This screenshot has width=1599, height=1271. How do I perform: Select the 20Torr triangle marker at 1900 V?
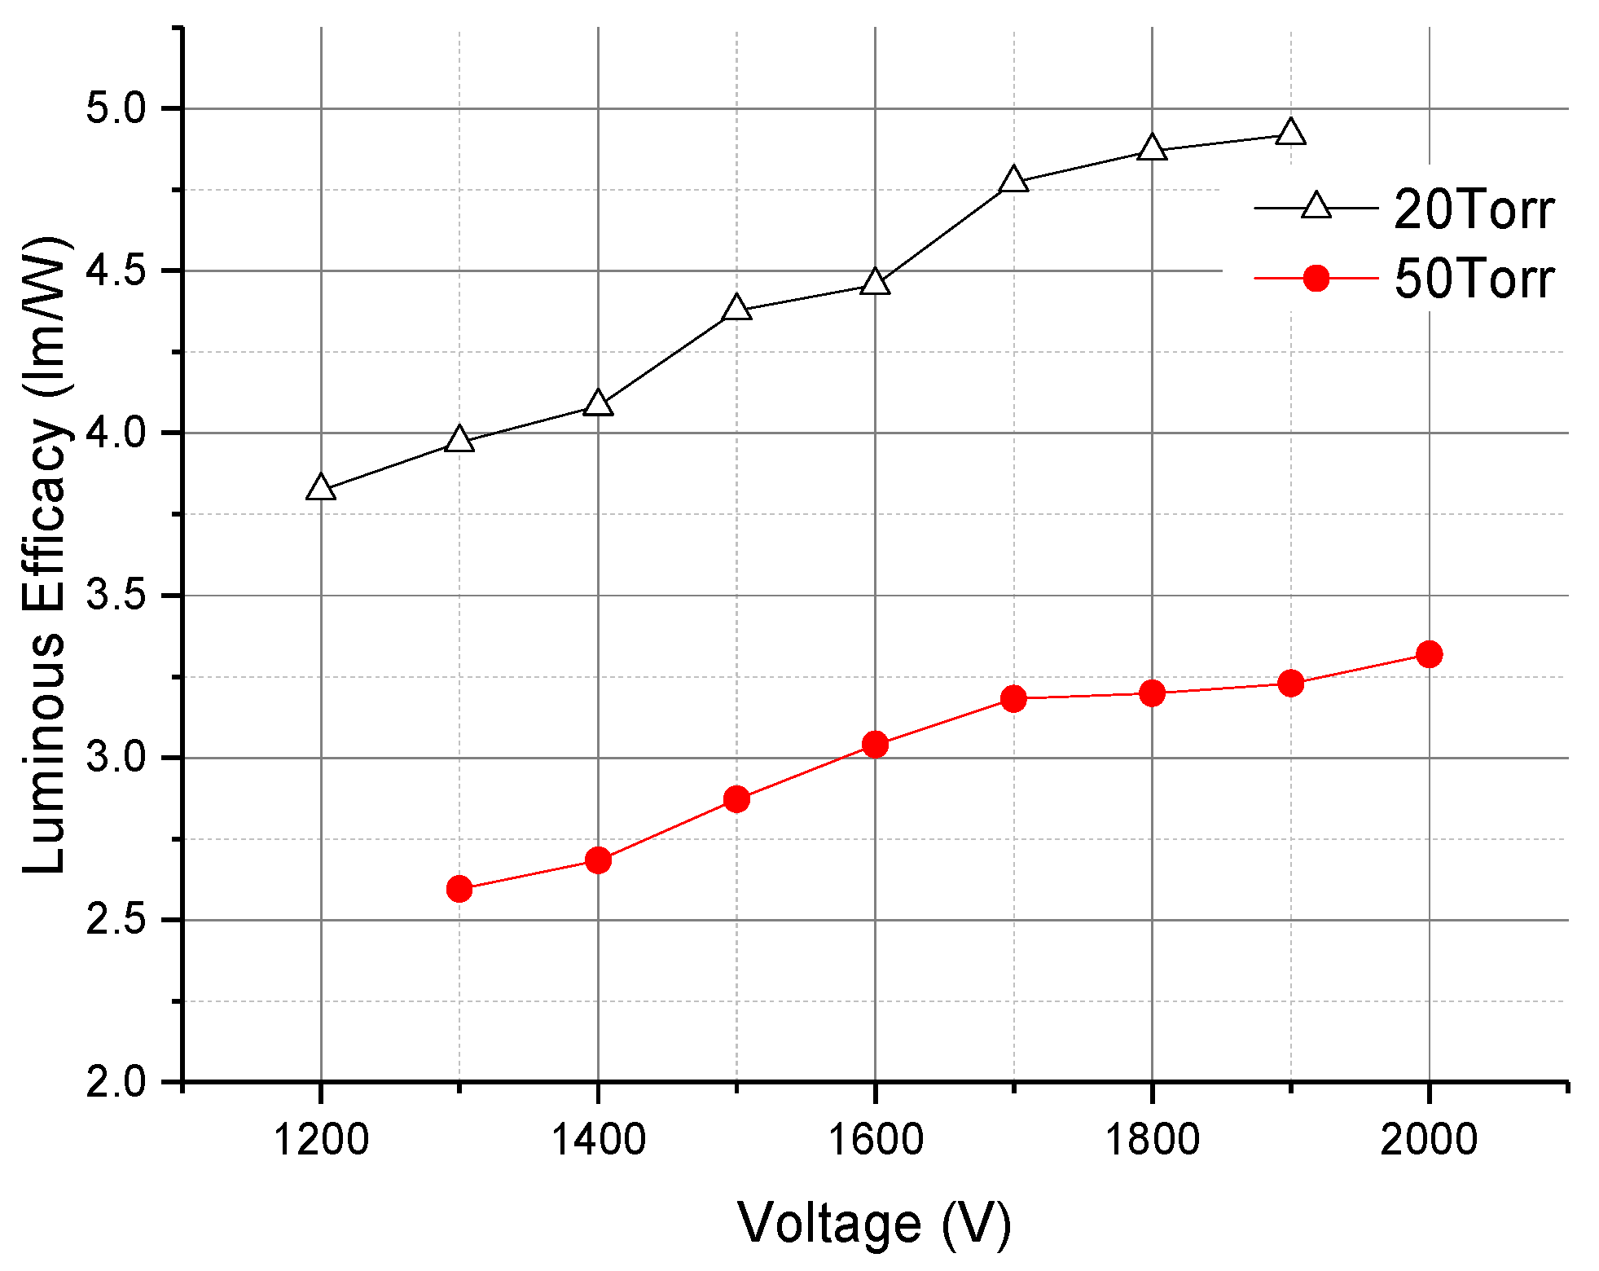coord(1290,133)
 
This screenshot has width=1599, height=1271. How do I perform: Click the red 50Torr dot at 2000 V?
coord(1429,654)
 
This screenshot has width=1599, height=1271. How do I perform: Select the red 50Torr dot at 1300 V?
coord(459,888)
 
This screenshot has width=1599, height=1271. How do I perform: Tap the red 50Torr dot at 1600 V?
coord(875,744)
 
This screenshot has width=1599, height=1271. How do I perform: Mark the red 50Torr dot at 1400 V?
coord(598,860)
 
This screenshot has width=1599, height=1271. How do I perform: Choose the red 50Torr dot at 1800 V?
coord(1152,693)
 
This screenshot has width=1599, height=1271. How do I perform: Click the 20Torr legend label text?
coord(1474,209)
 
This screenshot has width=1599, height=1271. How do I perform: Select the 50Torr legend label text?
coord(1474,279)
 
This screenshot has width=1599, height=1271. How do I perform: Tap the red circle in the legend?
coord(1316,279)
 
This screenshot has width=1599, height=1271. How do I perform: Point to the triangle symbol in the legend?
coord(1316,206)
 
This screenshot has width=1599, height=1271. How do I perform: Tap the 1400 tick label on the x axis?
coord(598,1139)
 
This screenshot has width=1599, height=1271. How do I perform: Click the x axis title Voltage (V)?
coord(874,1225)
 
